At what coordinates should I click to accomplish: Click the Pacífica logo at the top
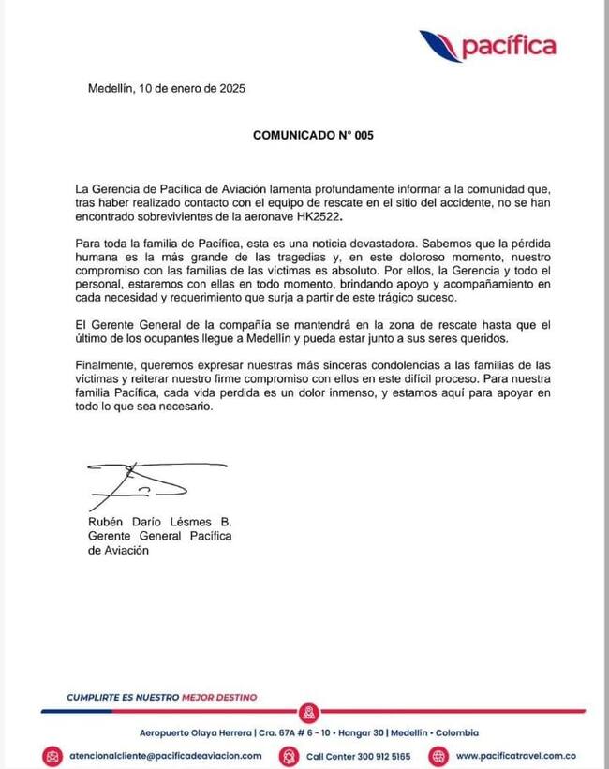[x=486, y=45]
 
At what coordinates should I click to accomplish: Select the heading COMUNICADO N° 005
[x=313, y=135]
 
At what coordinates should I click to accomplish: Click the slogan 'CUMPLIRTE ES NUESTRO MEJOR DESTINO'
[x=161, y=697]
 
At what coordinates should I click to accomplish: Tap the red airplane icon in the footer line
[x=311, y=712]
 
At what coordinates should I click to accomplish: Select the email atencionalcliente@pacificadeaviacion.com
[x=164, y=755]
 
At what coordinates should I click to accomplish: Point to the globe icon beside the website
[x=438, y=755]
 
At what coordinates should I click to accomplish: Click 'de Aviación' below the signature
[x=118, y=552]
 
